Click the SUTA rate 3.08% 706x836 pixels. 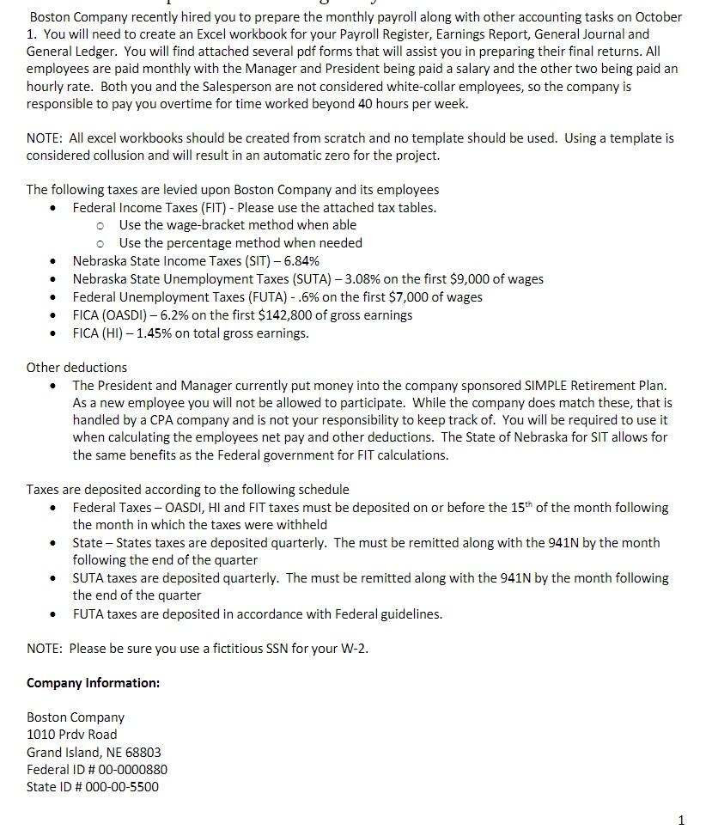click(353, 279)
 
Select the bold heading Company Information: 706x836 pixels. click(93, 683)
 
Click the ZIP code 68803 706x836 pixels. click(143, 753)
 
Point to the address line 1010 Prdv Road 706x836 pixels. click(72, 735)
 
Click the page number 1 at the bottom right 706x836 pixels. click(681, 821)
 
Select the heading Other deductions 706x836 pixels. click(76, 368)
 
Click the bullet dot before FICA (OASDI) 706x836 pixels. click(54, 315)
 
